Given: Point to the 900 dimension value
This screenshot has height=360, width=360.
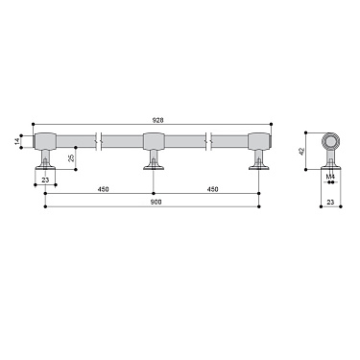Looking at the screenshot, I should point(154,200).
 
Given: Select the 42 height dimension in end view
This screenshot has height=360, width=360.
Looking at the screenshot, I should point(302,152).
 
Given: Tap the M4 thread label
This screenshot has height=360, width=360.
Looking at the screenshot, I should point(329,177).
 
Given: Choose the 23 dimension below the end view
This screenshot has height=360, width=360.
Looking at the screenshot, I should point(330,203).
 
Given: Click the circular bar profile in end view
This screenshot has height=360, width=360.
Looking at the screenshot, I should point(330,143).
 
